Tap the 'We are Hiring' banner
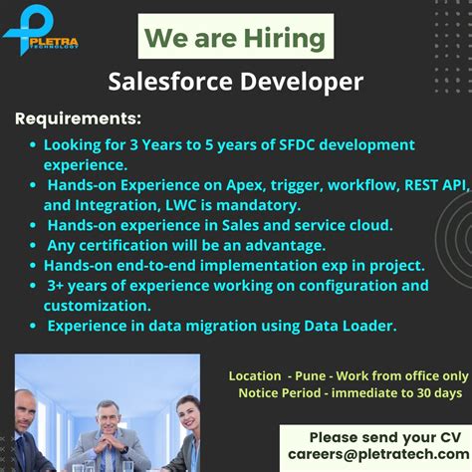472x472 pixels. click(x=235, y=39)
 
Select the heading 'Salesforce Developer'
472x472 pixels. click(x=236, y=82)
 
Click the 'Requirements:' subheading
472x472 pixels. click(x=78, y=119)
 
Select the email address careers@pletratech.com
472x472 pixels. click(x=373, y=455)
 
